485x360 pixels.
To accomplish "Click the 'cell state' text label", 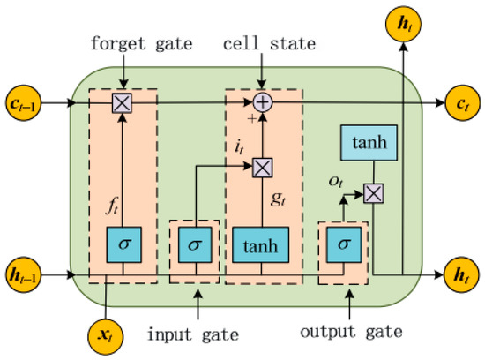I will (263, 41).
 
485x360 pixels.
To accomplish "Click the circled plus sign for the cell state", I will (263, 102).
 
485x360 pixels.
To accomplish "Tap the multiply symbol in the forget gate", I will (121, 102).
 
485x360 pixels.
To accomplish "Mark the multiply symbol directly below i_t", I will (263, 164).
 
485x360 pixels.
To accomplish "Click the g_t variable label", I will (278, 199).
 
